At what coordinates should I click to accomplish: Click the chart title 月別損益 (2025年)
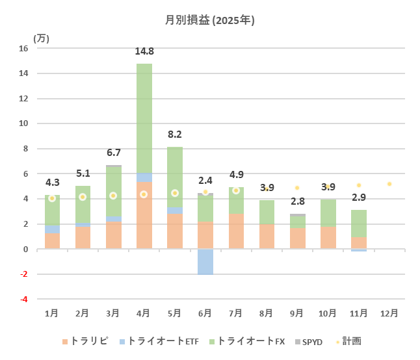[210, 20]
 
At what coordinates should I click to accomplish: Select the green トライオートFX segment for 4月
[144, 117]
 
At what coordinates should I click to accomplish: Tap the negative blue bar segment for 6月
[205, 262]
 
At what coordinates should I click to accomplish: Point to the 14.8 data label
[144, 52]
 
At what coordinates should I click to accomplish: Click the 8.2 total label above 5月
[175, 135]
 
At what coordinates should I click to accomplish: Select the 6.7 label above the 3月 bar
[113, 153]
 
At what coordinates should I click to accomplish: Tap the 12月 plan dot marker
[389, 184]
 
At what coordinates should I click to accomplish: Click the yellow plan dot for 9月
[297, 188]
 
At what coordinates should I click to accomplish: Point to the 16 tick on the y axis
[24, 48]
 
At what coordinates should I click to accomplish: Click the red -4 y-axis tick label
[23, 300]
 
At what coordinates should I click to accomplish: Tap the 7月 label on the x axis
[236, 313]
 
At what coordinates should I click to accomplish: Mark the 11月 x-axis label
[358, 313]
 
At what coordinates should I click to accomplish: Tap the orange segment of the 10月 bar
[328, 238]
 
